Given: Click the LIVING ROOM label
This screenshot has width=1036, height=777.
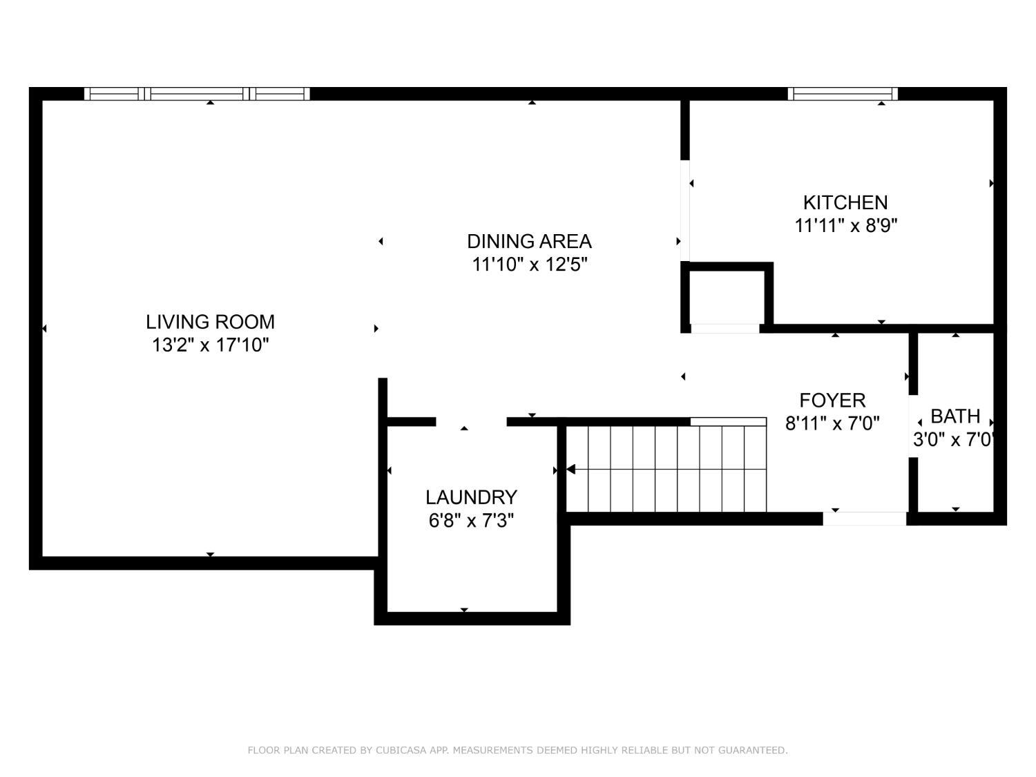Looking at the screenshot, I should [210, 322].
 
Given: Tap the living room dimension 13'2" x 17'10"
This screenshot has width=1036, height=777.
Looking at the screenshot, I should [210, 345].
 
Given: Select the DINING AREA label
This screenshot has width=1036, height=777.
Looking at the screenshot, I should [529, 242].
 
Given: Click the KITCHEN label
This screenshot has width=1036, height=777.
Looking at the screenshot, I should [845, 202].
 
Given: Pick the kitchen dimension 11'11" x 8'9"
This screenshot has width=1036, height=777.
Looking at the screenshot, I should [845, 225].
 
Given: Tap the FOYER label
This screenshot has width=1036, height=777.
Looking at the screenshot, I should [832, 401].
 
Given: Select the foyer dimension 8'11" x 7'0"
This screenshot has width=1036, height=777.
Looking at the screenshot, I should [832, 423].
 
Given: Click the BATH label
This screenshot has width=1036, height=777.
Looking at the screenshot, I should [955, 416].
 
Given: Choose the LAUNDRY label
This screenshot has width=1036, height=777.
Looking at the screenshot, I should [471, 497].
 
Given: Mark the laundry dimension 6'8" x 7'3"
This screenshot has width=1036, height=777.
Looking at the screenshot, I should [471, 520].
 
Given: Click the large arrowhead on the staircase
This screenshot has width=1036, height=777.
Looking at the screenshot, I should [570, 470].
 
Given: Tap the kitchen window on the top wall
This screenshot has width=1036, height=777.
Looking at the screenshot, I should [843, 94].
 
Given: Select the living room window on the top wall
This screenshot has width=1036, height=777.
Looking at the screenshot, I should [197, 94].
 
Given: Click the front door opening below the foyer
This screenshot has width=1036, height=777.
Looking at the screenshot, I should [864, 519].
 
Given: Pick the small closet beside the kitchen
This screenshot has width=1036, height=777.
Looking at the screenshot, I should [726, 297].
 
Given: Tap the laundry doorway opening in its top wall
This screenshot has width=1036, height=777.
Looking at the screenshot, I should [471, 422].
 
